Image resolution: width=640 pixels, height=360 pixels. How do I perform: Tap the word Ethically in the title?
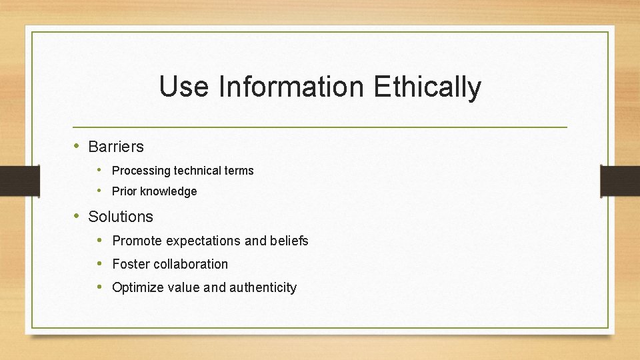pos(427,87)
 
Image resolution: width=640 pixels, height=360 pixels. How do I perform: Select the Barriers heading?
pos(116,147)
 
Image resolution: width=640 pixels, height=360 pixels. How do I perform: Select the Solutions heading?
pos(121,217)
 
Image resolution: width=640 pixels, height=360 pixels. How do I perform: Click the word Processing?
pos(141,171)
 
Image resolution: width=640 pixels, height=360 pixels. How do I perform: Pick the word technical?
pos(198,171)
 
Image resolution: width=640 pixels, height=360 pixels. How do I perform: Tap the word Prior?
pos(124,191)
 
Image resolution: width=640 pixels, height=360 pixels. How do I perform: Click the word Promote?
pos(137,241)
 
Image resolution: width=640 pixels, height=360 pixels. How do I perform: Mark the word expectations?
pos(203,241)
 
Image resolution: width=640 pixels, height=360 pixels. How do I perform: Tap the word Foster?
pos(131,264)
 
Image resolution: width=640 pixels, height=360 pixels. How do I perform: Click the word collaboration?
pos(191,264)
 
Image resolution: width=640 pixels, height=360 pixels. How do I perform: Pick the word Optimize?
pos(137,288)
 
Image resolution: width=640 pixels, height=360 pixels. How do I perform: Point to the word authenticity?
pos(263,288)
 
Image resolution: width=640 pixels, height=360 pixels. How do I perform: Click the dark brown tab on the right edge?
pos(620,180)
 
